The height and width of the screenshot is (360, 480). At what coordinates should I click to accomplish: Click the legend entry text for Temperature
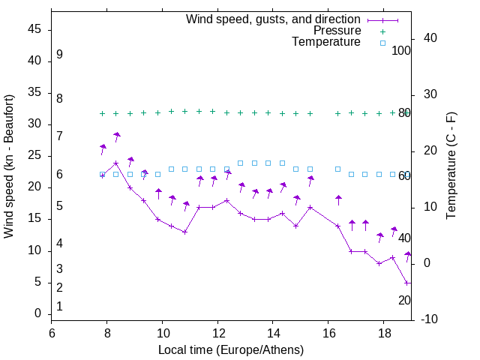326,42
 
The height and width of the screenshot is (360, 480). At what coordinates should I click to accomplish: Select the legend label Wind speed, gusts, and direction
274,19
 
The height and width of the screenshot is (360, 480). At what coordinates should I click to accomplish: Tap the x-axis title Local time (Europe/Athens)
231,350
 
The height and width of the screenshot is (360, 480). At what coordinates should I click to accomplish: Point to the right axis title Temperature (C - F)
451,166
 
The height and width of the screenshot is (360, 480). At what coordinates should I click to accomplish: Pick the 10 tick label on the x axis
162,333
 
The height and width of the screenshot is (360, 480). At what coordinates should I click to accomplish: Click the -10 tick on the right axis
430,319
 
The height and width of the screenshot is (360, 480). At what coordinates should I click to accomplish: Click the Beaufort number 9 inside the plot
59,55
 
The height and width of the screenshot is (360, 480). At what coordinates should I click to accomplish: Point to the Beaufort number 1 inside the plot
59,306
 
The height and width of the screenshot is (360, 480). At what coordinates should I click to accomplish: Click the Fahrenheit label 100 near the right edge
401,51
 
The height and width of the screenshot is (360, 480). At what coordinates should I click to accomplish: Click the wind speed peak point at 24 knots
116,163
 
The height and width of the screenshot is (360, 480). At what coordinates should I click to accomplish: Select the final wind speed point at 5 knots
406,283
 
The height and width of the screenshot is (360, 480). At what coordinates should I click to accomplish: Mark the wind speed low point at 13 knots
184,232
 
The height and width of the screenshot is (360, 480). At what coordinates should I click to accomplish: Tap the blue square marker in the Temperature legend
382,43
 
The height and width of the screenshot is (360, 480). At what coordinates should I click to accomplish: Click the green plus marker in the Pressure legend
382,31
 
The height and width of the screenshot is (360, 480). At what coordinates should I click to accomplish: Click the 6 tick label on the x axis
52,333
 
